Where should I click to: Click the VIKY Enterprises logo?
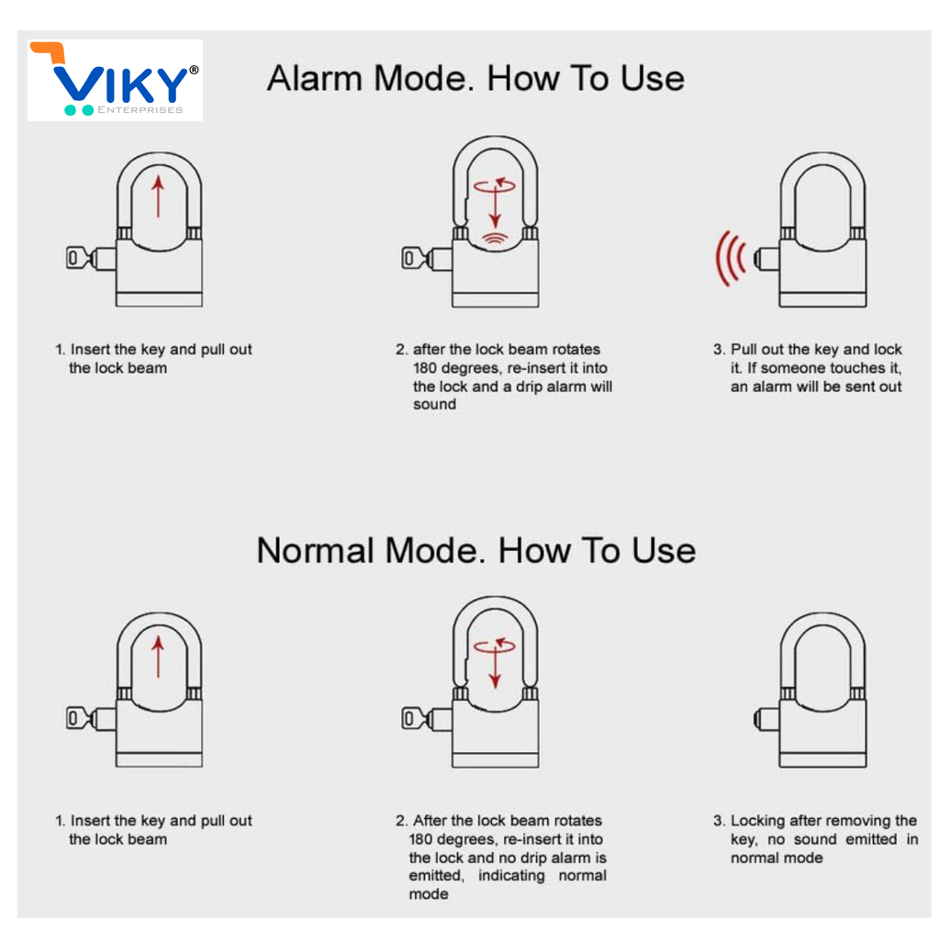115,80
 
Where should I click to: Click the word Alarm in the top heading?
315,78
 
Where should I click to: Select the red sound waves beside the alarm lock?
730,258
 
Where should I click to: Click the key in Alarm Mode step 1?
81,257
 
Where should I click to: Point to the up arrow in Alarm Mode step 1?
158,196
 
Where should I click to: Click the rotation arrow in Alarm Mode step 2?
495,185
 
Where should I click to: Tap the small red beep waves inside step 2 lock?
495,240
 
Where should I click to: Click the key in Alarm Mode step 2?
418,259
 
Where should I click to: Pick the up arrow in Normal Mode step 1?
158,657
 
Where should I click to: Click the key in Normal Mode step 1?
81,719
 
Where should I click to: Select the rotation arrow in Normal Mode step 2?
495,646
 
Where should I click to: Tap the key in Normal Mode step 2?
418,719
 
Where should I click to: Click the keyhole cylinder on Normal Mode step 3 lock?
766,719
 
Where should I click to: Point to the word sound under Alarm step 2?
434,404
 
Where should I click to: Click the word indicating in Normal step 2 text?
511,876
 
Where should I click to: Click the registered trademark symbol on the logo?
194,70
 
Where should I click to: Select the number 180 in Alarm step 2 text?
426,368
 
